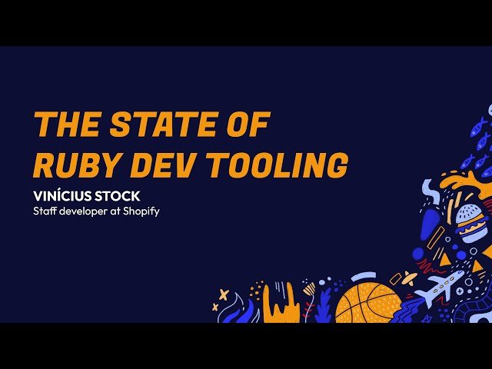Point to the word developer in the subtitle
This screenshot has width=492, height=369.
click(86, 211)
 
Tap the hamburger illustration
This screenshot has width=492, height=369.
click(470, 224)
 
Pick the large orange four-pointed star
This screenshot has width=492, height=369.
click(223, 294)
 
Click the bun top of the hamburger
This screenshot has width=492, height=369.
click(470, 213)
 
